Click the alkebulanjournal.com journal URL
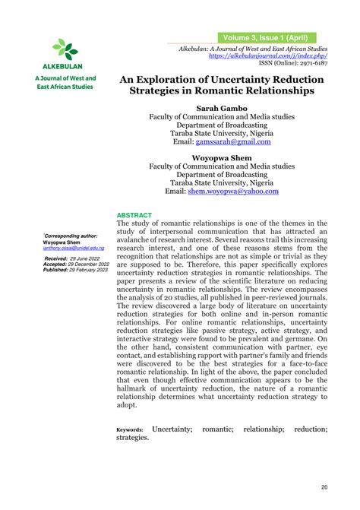272,56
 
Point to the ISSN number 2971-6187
311,65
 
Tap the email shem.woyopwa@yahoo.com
232,192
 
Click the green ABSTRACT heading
134,215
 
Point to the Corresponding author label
71,236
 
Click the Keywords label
128,430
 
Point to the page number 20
324,487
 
